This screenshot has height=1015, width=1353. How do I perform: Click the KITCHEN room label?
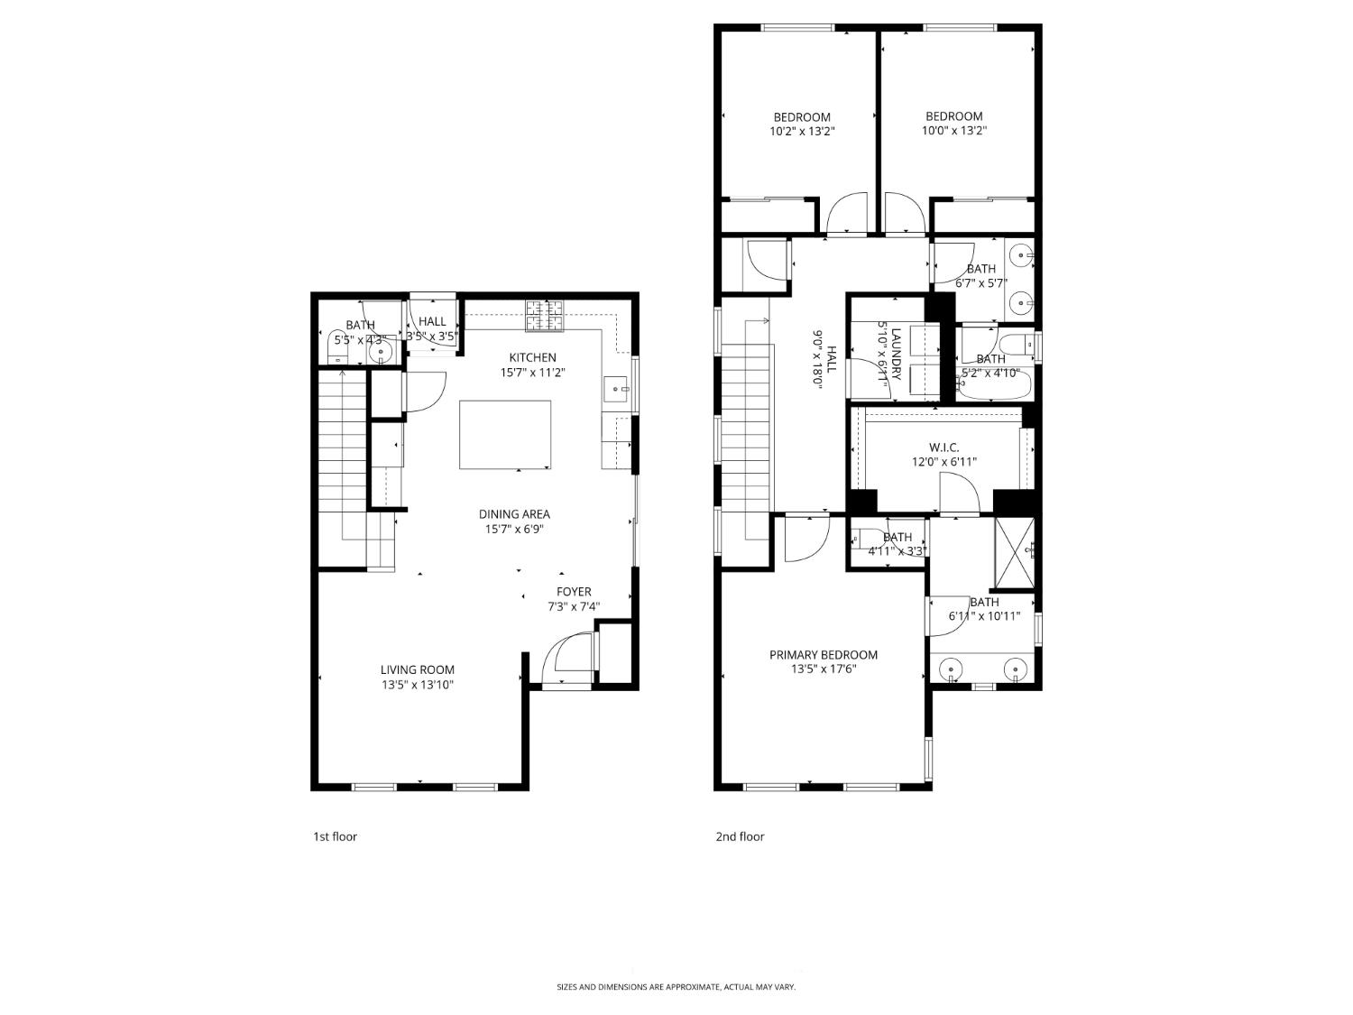532,357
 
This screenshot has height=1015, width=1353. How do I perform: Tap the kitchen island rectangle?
505,434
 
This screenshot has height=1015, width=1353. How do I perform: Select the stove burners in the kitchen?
544,315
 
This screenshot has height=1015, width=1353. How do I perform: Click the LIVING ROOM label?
417,669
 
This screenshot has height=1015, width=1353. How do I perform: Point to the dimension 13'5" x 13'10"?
417,685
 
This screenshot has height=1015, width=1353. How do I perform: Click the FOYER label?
574,592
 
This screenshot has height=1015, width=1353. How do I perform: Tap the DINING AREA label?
514,514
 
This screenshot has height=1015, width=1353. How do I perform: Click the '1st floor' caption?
335,836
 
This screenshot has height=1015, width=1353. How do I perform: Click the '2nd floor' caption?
740,836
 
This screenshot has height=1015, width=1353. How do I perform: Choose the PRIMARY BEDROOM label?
823,655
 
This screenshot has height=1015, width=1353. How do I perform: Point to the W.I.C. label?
943,448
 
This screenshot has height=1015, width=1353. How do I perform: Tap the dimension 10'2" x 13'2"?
802,132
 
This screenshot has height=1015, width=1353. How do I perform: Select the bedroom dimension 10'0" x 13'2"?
953,131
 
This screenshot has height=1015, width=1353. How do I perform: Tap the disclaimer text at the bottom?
676,987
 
